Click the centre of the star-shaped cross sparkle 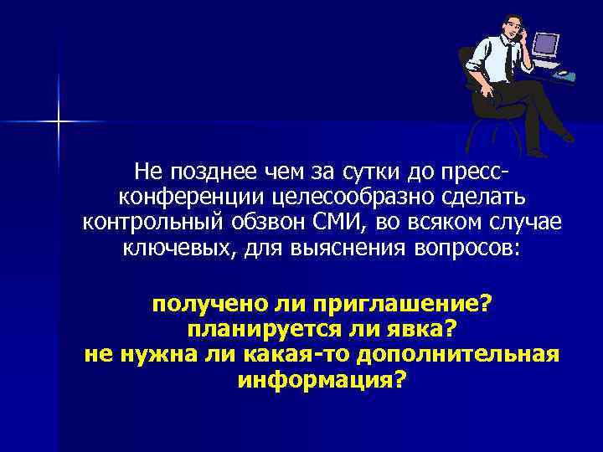point(59,121)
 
